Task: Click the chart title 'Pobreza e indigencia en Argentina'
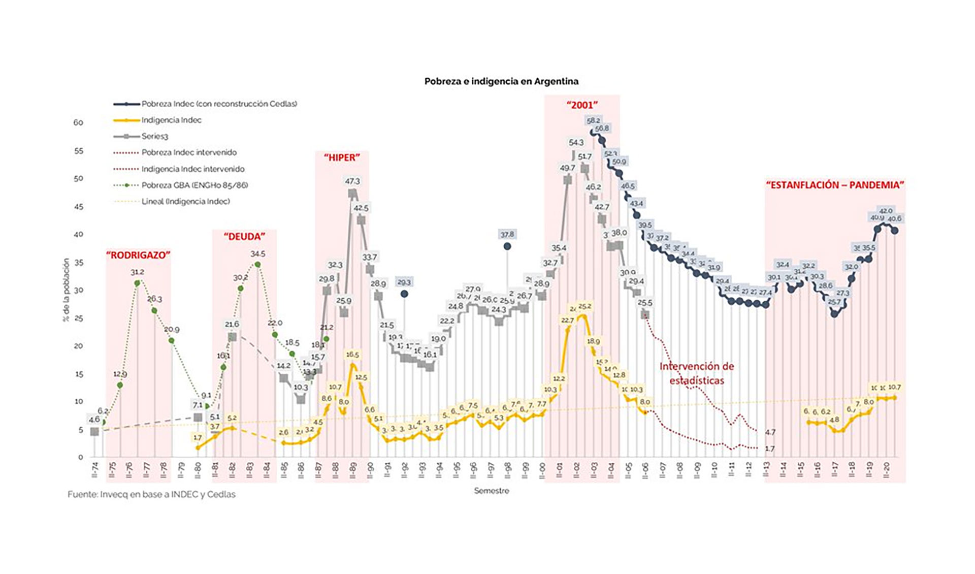pos(501,81)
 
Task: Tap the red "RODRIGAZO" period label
pos(138,255)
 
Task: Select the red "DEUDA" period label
pos(244,236)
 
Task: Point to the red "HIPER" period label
pos(342,157)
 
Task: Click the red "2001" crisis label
pos(582,105)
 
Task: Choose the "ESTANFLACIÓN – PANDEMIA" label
pos(835,185)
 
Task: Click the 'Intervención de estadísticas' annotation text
pos(697,373)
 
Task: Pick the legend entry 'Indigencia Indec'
pos(171,120)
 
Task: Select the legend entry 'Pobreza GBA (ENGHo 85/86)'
pos(194,185)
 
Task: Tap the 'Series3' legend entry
pos(154,136)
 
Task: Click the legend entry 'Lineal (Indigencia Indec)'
pos(185,201)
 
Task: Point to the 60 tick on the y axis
pos(78,122)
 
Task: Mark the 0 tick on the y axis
pos(80,457)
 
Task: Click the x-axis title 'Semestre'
pos(492,491)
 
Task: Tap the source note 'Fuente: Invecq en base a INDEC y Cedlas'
pos(151,494)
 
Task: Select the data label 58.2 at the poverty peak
pos(593,120)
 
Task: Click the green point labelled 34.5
pos(257,265)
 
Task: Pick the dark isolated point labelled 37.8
pos(507,246)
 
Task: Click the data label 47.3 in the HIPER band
pos(352,181)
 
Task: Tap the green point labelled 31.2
pos(137,283)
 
